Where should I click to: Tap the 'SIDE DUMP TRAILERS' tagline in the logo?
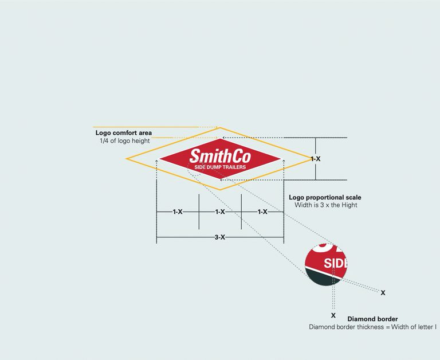click(x=220, y=167)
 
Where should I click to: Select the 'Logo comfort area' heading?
click(x=123, y=133)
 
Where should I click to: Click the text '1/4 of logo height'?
click(x=124, y=141)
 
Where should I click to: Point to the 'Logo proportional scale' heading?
click(x=325, y=197)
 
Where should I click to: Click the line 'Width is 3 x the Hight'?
click(x=325, y=205)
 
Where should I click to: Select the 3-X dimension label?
click(x=220, y=237)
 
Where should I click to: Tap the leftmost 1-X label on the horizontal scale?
click(x=178, y=212)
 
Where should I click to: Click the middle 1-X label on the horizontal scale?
click(x=220, y=212)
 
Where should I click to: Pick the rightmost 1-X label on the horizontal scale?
click(x=262, y=212)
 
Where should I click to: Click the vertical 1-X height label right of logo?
click(x=315, y=159)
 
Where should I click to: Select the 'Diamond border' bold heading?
click(x=372, y=319)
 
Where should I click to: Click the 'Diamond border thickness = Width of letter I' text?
click(x=373, y=327)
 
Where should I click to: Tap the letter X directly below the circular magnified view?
click(x=333, y=315)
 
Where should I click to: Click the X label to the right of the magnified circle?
click(x=383, y=293)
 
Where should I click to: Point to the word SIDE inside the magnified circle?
click(x=336, y=264)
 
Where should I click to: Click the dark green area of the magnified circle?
click(x=321, y=277)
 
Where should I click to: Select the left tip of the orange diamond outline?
click(x=127, y=158)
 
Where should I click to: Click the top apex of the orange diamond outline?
click(x=220, y=128)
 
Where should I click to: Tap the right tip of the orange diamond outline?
click(x=312, y=159)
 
